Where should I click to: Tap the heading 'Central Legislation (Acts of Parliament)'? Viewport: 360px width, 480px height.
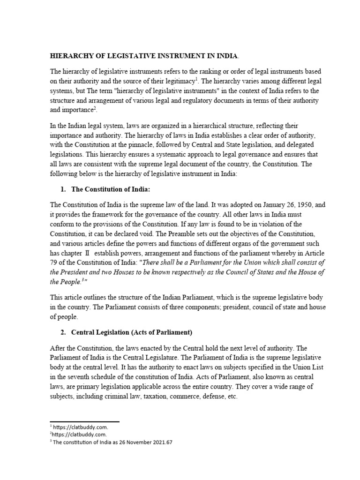(131, 332)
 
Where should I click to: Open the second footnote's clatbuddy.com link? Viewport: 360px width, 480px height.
(71, 435)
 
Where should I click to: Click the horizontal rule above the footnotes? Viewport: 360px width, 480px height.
(84, 422)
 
